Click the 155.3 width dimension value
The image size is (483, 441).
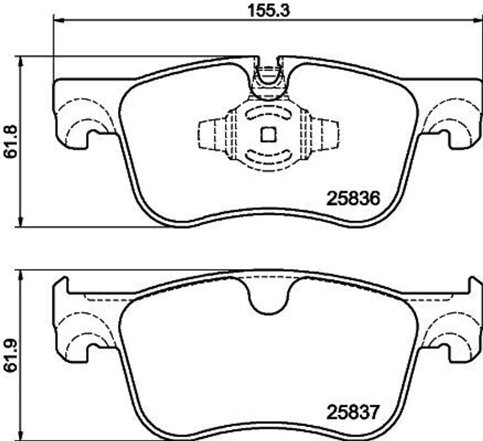(x=268, y=11)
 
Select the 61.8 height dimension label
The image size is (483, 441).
(x=11, y=141)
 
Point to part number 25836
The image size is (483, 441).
(x=353, y=199)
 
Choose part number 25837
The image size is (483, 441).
(x=352, y=412)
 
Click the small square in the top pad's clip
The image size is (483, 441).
(x=268, y=135)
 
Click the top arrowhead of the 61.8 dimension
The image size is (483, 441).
(x=21, y=61)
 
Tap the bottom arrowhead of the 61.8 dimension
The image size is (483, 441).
(x=21, y=222)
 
